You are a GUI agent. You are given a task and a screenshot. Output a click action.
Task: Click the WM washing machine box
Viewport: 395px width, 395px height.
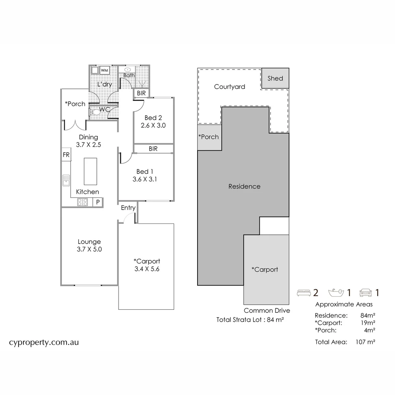[x=105, y=70]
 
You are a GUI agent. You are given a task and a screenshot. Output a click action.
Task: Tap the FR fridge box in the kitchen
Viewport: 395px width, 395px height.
[x=66, y=155]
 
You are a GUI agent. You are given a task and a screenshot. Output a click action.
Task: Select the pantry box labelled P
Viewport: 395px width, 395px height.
[x=98, y=202]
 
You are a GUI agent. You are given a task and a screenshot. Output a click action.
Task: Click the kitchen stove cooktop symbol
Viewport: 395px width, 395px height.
[x=83, y=202]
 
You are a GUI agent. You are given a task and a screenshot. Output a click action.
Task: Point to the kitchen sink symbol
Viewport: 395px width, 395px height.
[x=66, y=180]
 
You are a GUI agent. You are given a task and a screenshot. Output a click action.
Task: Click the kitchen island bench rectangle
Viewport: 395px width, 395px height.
[x=90, y=172]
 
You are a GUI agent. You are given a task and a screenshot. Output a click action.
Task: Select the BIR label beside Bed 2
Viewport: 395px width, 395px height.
[x=141, y=93]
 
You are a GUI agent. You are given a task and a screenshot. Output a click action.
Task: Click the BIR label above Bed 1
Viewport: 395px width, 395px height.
[x=153, y=149]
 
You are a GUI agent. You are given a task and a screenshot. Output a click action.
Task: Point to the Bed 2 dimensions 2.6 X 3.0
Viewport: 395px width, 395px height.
[x=153, y=125]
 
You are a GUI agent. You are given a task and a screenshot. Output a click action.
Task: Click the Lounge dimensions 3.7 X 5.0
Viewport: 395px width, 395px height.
[x=89, y=249]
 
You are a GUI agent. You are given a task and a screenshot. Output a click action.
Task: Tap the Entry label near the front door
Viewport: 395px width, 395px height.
[x=128, y=208]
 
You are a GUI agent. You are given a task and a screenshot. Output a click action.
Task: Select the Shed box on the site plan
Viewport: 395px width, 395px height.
[x=275, y=78]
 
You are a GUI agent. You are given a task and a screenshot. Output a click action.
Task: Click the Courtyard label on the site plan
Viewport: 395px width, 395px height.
[x=229, y=87]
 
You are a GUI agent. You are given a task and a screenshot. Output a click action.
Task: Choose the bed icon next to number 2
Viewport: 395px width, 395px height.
[x=303, y=293]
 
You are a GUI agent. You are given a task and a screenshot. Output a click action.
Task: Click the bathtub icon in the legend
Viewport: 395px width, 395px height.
[x=336, y=293]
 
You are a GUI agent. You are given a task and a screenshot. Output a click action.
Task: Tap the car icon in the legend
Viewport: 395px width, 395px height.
[x=366, y=293]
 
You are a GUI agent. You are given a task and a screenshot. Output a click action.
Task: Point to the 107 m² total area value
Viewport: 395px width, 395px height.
[x=365, y=342]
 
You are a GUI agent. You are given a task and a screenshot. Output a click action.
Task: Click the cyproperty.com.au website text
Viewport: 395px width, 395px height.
[x=44, y=343]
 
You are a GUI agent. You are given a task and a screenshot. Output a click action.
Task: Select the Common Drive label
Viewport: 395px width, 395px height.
[x=267, y=311]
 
